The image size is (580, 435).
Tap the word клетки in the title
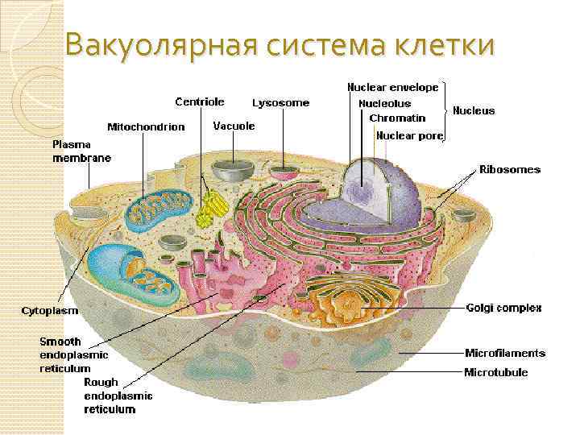coord(442,46)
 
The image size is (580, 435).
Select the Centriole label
coord(200,101)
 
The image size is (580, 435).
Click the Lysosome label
coord(280,103)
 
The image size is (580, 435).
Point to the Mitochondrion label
coord(146,126)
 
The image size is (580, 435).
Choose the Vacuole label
coord(234,126)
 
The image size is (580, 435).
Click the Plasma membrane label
coord(81,151)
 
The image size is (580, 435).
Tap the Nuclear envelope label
coord(392,86)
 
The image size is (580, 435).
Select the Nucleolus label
coord(384,103)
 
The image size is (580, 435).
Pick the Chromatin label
coord(397,118)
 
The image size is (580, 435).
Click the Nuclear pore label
coord(409,135)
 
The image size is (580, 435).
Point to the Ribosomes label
coord(510,170)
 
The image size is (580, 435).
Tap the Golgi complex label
coord(503,308)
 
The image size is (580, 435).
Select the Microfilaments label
coord(505,353)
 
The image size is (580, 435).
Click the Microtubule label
coord(496,372)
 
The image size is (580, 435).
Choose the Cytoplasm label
coord(49,309)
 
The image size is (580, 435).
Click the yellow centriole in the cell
coord(210,209)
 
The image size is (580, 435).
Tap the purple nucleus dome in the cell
coord(379,189)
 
